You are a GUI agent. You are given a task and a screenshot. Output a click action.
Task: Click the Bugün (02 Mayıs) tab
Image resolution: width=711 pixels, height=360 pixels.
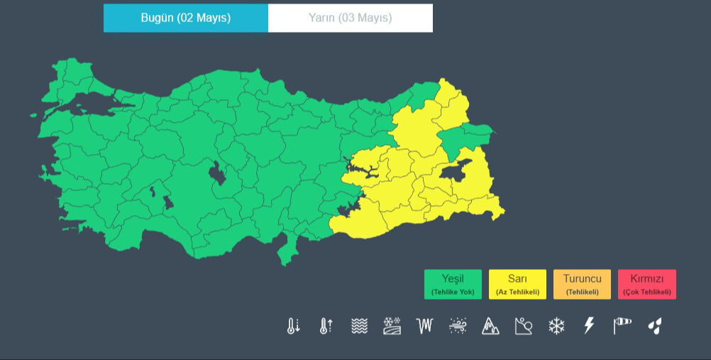click(x=186, y=18)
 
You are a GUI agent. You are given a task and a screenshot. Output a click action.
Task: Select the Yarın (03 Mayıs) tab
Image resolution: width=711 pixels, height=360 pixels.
click(x=350, y=18)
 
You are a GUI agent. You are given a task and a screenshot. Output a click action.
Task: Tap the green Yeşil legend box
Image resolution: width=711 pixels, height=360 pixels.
click(x=453, y=284)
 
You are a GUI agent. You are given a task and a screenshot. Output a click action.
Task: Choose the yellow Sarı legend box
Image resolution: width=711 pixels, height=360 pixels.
click(x=517, y=284)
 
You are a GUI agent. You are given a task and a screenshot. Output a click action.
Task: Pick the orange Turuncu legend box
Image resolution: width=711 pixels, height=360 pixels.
click(x=582, y=284)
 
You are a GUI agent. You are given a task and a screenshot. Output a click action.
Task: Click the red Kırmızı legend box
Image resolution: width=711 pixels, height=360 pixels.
click(x=646, y=284)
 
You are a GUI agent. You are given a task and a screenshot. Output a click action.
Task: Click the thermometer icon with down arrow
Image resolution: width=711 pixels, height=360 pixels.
click(x=293, y=326)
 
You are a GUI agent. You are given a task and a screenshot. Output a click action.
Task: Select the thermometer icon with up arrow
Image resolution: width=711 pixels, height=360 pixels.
click(x=326, y=326)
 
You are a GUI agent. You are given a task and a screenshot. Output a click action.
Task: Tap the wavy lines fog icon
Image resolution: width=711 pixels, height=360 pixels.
click(x=359, y=326)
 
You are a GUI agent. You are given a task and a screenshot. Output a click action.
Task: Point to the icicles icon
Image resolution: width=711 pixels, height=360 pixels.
click(x=424, y=326)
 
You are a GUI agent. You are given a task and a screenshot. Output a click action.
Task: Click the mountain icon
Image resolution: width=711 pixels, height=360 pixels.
click(x=490, y=326)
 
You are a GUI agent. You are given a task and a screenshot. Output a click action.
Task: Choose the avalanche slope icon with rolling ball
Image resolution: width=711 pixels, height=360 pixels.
click(x=523, y=326)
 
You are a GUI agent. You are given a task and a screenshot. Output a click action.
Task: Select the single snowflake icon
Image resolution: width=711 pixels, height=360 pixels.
click(x=556, y=326)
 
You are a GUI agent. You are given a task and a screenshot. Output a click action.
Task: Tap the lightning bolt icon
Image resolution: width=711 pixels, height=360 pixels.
click(x=589, y=326)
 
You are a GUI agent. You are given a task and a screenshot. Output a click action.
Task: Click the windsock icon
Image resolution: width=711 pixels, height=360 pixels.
click(x=622, y=326)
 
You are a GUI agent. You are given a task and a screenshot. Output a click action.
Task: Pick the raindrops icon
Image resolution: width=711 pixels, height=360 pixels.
click(x=655, y=326)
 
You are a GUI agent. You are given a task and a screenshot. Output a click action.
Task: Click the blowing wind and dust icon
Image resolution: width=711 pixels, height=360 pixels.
click(x=458, y=326)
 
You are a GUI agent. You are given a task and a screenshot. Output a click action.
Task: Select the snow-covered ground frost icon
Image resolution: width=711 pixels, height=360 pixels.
click(x=392, y=326)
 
